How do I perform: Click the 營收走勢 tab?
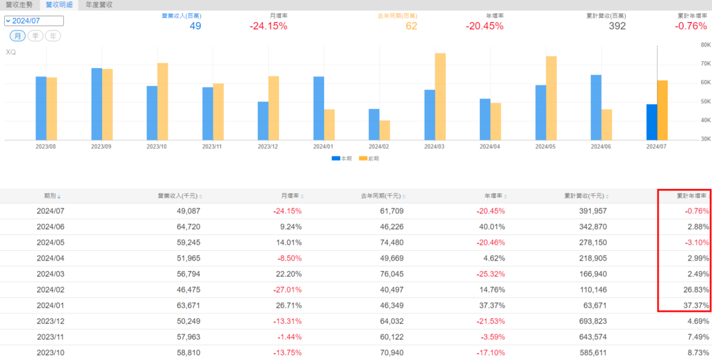pos(19,5)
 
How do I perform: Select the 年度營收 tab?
pos(99,5)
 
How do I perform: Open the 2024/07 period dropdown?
pos(33,21)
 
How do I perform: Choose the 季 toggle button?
pos(35,35)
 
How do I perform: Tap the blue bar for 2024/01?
pos(318,108)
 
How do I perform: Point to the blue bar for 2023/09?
pos(97,104)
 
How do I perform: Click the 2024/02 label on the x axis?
pos(379,147)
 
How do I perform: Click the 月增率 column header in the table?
pos(288,196)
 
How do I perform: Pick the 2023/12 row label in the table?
pos(50,322)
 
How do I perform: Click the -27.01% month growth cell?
pos(285,291)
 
